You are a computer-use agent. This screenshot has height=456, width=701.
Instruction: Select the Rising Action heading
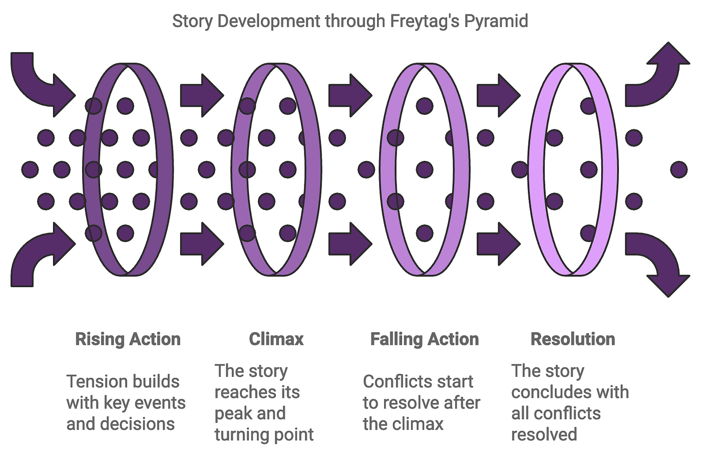point(128,339)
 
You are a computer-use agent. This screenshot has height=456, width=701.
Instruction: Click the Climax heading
point(276,339)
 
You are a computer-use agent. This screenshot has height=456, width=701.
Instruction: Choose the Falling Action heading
point(425,339)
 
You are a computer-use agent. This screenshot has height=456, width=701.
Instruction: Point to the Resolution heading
point(573,339)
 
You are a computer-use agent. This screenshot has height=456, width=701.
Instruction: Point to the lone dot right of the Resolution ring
point(679,170)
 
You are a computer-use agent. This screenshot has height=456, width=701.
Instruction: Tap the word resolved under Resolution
point(544,434)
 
